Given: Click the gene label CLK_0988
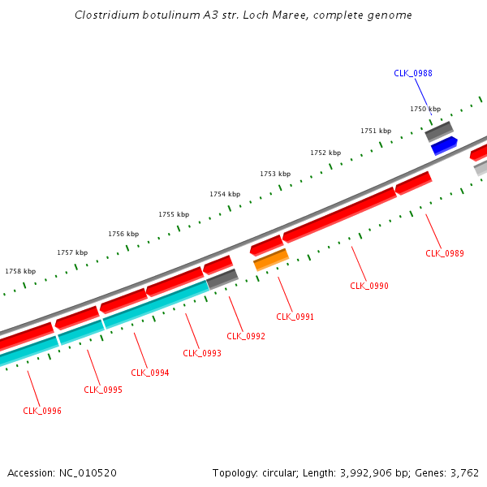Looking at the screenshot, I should click(412, 73).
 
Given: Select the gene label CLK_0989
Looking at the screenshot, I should click(445, 253).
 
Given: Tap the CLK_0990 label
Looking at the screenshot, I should click(369, 286).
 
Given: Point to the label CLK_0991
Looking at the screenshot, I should click(295, 317).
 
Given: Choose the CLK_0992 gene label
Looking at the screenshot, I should click(246, 336).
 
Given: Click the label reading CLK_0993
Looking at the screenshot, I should click(202, 353).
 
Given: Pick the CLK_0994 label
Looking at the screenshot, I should click(150, 373).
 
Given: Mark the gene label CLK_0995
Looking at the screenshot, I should click(103, 390).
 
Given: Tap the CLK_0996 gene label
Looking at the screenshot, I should click(42, 411).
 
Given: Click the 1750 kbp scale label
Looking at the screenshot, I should click(425, 109).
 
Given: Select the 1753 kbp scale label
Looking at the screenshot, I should click(275, 174).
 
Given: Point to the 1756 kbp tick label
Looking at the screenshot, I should click(123, 234).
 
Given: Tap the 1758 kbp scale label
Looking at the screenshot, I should click(20, 271).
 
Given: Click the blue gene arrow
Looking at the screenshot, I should click(444, 145).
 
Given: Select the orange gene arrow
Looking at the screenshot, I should click(271, 260).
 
